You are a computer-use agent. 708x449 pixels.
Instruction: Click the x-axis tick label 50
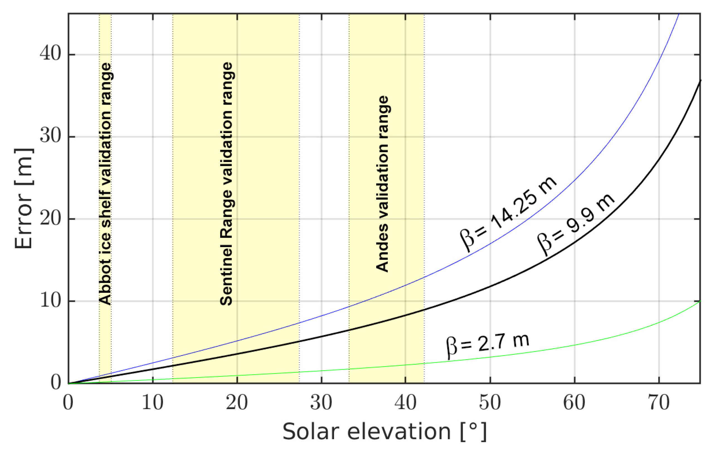click(490, 403)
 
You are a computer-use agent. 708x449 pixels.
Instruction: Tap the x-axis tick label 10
click(152, 403)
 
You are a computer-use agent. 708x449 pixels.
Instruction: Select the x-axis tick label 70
click(659, 403)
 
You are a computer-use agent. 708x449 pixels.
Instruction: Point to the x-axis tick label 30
click(321, 403)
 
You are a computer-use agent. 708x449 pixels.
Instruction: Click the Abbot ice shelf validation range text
click(105, 184)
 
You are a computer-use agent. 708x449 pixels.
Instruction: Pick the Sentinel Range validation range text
click(227, 184)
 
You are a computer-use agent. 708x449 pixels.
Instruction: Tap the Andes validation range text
click(383, 184)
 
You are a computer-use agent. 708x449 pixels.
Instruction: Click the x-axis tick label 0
click(68, 403)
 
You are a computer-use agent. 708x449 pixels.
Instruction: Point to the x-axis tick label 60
click(574, 403)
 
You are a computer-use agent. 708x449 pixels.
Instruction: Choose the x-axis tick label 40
click(405, 403)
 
